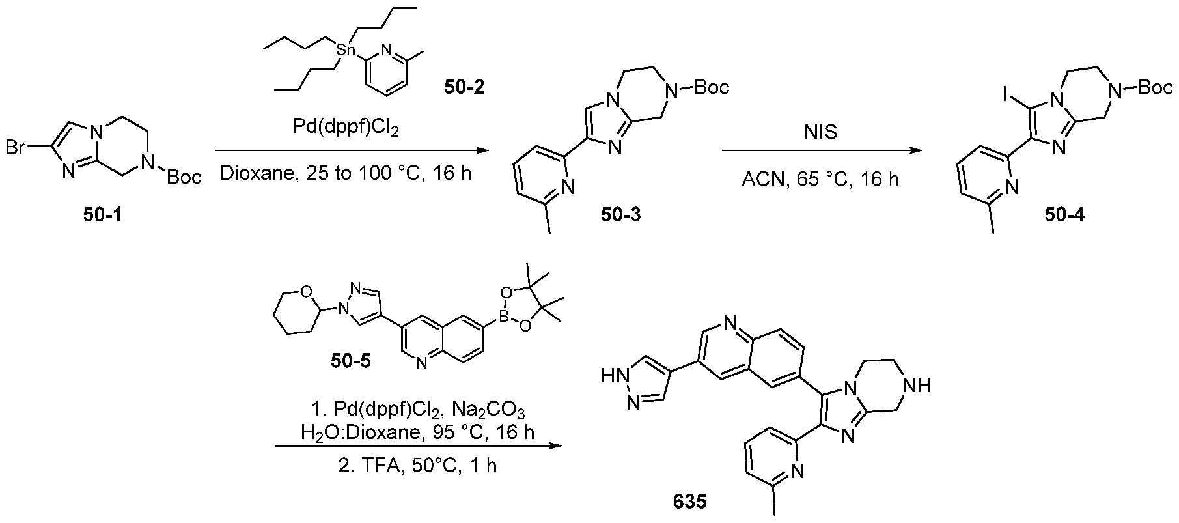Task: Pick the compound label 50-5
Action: pyautogui.click(x=349, y=360)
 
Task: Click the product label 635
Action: pyautogui.click(x=690, y=502)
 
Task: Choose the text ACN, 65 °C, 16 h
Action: pyautogui.click(x=820, y=178)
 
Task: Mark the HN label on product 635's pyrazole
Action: pyautogui.click(x=615, y=375)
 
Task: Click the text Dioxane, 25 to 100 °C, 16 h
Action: pyautogui.click(x=346, y=175)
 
